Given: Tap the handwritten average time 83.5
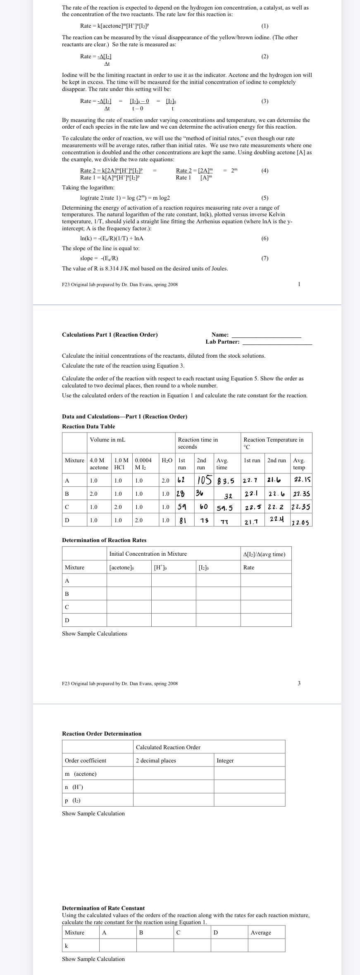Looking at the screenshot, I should (226, 481).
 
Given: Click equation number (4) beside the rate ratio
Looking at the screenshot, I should (265, 170).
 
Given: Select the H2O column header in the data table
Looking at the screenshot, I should (167, 460).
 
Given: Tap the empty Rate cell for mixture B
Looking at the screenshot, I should (266, 594).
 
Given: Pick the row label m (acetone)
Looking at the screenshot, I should (81, 774).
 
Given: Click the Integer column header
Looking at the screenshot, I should (225, 760).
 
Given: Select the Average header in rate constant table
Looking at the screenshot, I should (261, 932).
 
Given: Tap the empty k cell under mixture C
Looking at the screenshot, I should (192, 946).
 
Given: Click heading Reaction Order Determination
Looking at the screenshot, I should (102, 734).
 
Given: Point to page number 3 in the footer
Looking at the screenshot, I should (299, 683).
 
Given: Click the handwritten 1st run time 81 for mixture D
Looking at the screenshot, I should (182, 520).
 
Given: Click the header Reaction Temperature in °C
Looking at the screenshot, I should (273, 443).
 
